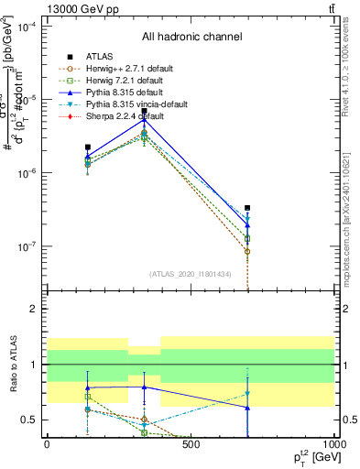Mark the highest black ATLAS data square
144,111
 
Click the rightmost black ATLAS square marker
247,208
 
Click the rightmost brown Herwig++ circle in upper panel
247,251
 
